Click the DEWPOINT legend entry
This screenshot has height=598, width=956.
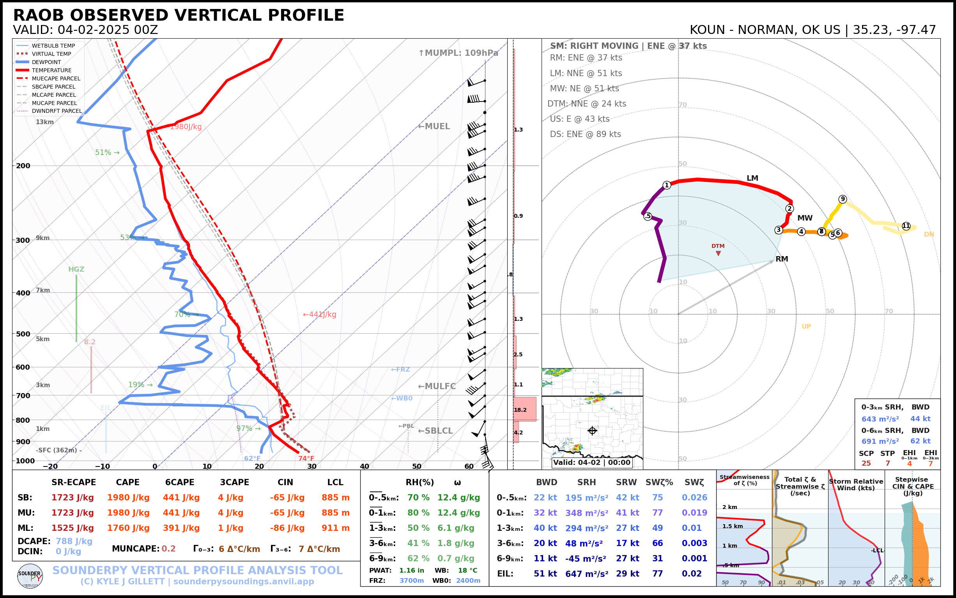pos(46,62)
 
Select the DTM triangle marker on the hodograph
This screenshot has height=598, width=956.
pos(718,253)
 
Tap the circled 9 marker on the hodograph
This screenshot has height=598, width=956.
pos(843,199)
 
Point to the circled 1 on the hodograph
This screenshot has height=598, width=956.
pos(667,185)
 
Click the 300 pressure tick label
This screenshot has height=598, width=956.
pos(23,240)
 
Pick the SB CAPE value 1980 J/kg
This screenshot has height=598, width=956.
pos(128,498)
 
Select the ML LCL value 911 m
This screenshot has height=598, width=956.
pos(335,528)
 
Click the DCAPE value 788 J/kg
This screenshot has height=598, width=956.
pos(74,541)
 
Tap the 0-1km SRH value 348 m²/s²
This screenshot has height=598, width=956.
pos(586,513)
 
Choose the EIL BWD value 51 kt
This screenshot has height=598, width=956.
pos(545,573)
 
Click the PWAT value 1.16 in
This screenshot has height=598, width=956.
pos(411,570)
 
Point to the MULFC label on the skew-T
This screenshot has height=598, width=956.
pos(437,386)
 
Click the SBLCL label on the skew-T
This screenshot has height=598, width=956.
pos(436,431)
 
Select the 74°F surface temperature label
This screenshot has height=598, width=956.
pos(306,458)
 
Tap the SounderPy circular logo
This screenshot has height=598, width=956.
pos(30,576)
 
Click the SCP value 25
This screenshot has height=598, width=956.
pos(866,463)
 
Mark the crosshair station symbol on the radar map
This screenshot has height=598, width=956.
pos(592,431)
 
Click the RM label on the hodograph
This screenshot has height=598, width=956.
pos(782,259)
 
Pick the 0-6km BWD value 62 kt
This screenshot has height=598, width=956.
pos(920,441)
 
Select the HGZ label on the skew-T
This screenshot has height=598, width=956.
pos(76,269)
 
